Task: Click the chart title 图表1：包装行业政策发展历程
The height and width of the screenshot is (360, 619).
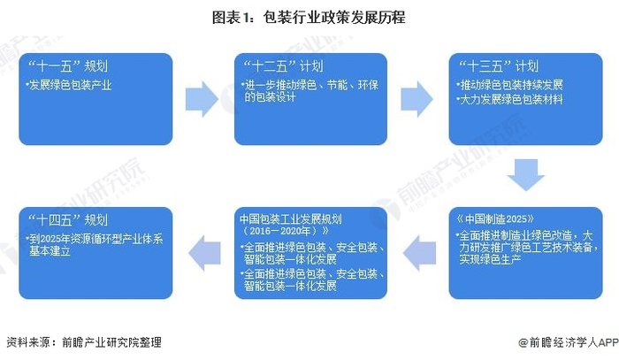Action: pos(309,18)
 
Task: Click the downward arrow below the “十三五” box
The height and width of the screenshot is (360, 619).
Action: pos(525,173)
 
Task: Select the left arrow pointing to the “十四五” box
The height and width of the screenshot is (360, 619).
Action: pos(203,253)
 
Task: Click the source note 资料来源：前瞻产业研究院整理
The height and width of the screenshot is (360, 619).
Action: pos(84,342)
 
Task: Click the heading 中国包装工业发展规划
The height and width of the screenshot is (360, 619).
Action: pos(288,218)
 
